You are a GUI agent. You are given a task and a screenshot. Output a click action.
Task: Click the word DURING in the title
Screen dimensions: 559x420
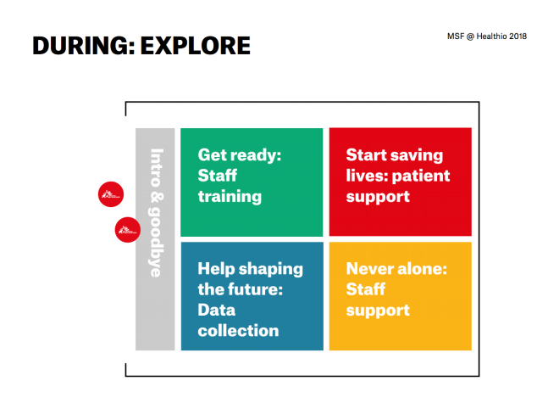tap(83, 46)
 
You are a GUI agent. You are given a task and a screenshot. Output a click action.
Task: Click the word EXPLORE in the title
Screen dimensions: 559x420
tap(196, 46)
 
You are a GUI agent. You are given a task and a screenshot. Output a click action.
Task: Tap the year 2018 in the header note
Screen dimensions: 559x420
tap(517, 36)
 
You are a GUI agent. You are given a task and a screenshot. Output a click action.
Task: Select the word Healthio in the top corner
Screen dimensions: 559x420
tap(491, 36)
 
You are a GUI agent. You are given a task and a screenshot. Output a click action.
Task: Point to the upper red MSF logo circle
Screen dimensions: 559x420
tap(111, 194)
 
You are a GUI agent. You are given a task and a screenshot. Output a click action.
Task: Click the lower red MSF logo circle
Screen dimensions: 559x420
tap(128, 230)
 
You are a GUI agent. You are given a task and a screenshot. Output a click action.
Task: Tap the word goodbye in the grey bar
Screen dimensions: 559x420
tap(156, 242)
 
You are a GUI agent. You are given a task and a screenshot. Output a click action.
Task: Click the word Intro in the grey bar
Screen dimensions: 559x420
tap(157, 168)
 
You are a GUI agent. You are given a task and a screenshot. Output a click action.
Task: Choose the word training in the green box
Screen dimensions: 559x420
tap(230, 197)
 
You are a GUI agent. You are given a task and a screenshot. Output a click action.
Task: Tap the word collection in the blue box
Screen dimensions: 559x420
tap(239, 330)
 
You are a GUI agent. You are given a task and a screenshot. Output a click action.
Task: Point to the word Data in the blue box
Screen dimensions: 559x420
tap(217, 310)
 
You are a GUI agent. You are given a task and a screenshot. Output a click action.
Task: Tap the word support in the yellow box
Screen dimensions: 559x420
tap(378, 311)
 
